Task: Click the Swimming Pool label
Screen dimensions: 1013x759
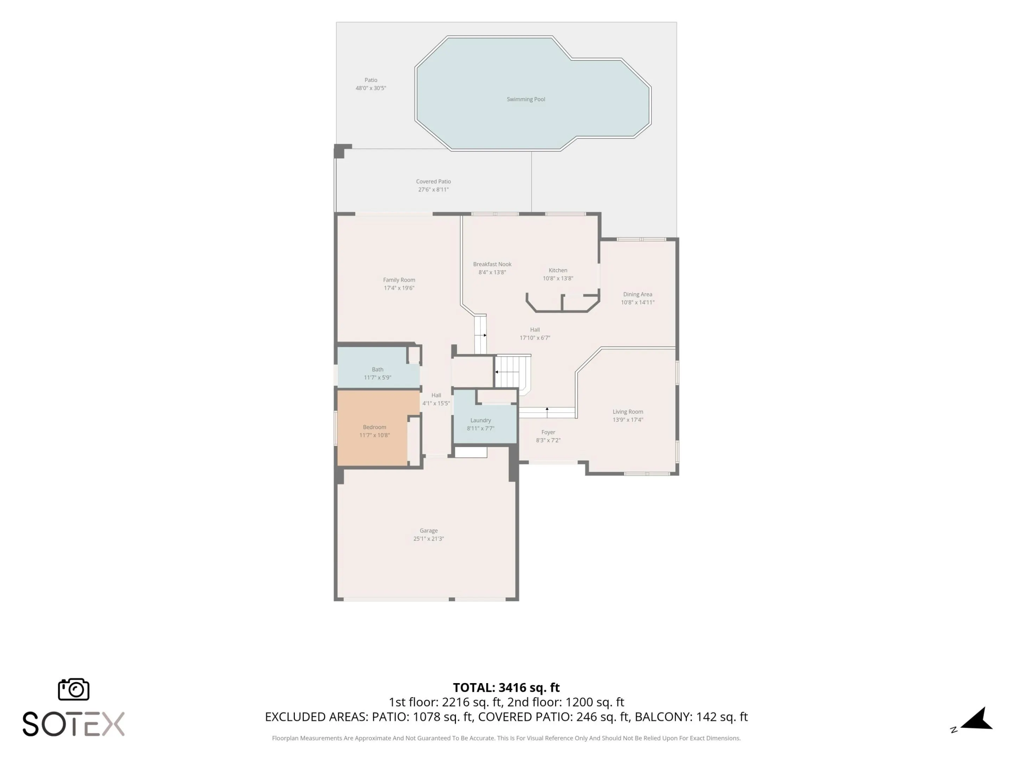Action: [x=526, y=99]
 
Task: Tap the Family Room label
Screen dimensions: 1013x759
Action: [x=399, y=280]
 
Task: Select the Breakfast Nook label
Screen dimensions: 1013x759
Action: [x=492, y=265]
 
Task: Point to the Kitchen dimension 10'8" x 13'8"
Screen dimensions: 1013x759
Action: [x=558, y=278]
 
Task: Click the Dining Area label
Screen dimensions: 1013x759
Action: [x=637, y=294]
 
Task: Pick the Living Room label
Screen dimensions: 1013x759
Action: [x=628, y=412]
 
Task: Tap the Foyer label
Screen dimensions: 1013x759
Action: [x=548, y=432]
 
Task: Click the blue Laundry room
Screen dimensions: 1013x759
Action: [x=485, y=424]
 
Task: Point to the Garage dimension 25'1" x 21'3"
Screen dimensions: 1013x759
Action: [x=429, y=538]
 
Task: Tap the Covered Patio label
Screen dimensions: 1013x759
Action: [x=433, y=182]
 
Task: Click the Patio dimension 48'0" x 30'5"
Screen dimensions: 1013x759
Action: [x=371, y=88]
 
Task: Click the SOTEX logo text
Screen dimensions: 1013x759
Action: [x=73, y=724]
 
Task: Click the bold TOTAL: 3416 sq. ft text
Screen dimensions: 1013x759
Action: [x=506, y=688]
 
